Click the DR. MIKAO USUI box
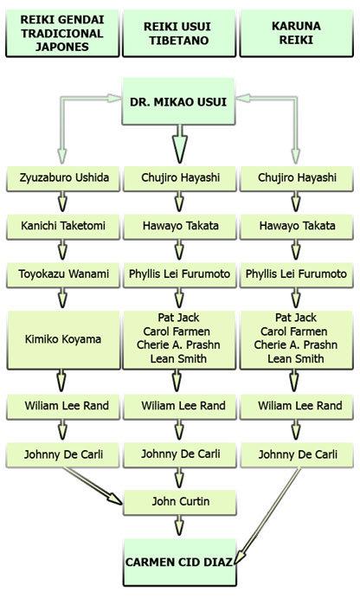178,101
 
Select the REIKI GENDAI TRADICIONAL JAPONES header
62,33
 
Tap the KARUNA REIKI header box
296,33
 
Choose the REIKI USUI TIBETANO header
179,33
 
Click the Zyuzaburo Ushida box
63,178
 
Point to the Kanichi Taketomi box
63,227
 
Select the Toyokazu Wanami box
63,275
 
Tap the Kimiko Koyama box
63,340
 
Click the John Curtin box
180,502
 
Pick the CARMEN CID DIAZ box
180,563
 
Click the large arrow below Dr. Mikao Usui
179,144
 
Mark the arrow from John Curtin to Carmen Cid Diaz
179,525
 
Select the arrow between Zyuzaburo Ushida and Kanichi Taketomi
62,202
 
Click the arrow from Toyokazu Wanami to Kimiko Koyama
62,298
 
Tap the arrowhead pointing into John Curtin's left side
114,499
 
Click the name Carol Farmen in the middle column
177,331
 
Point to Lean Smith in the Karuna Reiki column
296,358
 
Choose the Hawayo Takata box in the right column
296,227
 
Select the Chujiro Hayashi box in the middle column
180,178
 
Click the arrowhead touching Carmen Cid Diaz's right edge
240,558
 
